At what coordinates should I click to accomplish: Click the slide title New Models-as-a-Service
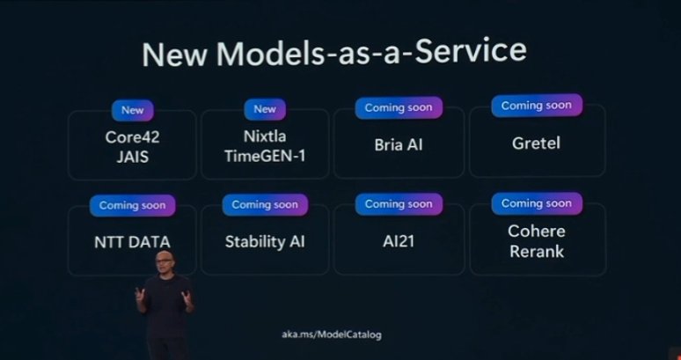pos(333,52)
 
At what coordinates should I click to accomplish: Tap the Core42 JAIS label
pos(132,146)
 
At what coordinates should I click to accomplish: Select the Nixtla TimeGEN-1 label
pos(265,146)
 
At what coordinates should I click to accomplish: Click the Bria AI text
pos(398,143)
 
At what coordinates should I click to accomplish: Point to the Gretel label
pos(537,142)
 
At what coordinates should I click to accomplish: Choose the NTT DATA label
pos(132,241)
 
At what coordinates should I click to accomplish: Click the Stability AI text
pos(265,241)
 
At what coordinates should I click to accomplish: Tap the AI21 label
pos(398,241)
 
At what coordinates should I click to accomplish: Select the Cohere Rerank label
pos(536,241)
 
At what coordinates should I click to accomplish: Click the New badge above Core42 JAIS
pos(133,110)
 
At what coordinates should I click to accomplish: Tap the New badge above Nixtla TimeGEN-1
pos(265,109)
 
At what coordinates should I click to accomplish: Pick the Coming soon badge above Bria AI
pos(398,107)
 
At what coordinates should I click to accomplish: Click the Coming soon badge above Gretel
pos(536,106)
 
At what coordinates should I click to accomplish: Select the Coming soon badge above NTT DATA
pos(132,205)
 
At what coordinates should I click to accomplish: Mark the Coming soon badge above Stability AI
pos(265,204)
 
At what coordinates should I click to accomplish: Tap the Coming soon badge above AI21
pos(398,203)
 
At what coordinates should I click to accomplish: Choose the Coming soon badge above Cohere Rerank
pos(536,202)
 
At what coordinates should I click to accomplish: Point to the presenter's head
pos(163,261)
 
